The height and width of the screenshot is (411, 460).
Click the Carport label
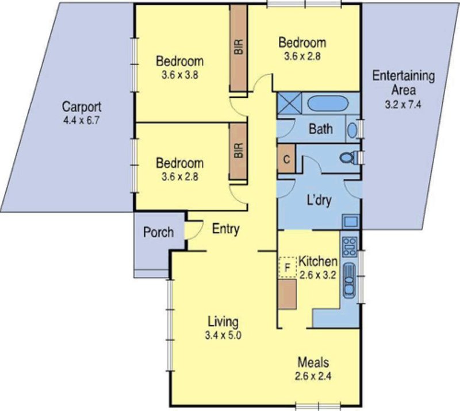[x=82, y=107]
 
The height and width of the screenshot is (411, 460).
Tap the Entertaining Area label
[x=402, y=83]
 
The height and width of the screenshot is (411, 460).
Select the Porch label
[x=158, y=232]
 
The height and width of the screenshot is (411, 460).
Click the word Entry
[x=226, y=229]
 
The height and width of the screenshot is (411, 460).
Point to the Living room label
[x=223, y=321]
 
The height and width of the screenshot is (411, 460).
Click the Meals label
[x=313, y=363]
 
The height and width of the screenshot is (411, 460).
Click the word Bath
[x=320, y=129]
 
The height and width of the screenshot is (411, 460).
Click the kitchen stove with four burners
[x=349, y=247]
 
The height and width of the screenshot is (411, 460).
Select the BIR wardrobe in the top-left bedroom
[x=239, y=47]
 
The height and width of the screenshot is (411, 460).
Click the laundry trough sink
[x=350, y=221]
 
